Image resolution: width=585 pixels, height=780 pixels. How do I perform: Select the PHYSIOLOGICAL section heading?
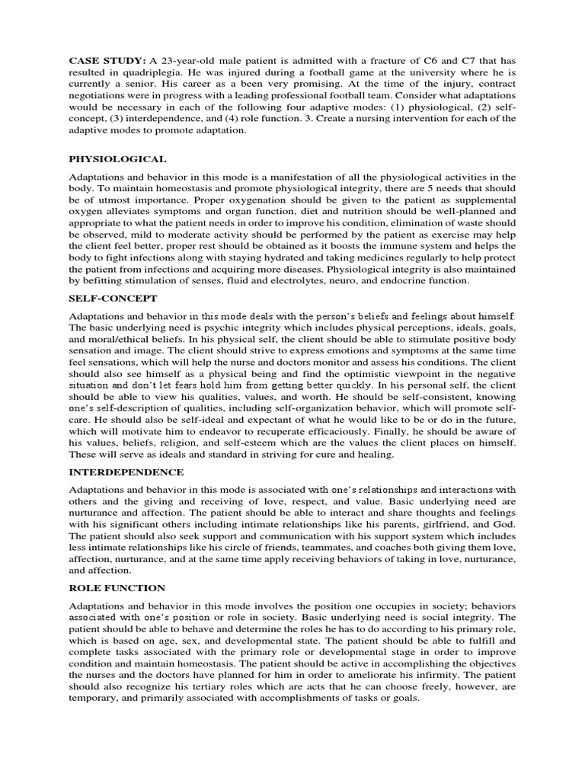[117, 159]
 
